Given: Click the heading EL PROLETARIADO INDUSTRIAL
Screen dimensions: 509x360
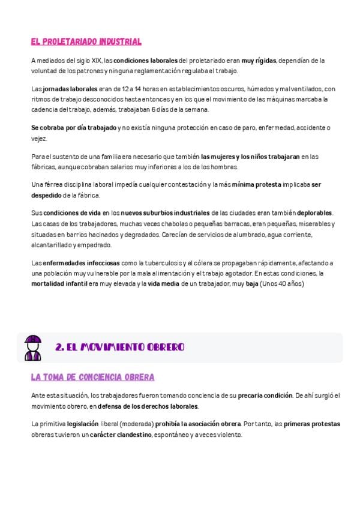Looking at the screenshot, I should [x=86, y=42].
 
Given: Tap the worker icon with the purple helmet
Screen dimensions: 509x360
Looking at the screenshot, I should [x=33, y=348].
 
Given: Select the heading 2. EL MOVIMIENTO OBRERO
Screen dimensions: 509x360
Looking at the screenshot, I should [x=119, y=348].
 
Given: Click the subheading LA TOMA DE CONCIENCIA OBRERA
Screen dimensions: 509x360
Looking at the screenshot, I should [x=92, y=378].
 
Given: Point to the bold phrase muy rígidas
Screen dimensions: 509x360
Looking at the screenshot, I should [x=259, y=61].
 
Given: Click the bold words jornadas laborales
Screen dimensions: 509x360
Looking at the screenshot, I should [x=63, y=89].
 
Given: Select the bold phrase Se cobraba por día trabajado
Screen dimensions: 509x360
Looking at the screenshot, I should [x=74, y=128].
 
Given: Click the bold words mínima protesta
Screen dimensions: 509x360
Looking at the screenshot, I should [x=256, y=185].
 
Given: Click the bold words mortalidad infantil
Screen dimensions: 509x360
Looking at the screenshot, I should [x=59, y=283].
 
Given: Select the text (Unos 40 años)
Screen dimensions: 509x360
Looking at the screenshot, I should [x=282, y=283].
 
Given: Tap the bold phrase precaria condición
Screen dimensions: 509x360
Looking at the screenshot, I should [x=266, y=396].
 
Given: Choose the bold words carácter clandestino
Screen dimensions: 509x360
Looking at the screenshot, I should [x=121, y=434].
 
